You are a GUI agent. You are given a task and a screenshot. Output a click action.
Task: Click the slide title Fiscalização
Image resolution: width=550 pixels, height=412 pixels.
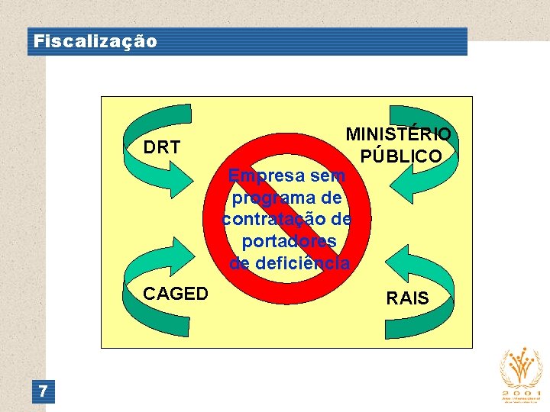[95, 41]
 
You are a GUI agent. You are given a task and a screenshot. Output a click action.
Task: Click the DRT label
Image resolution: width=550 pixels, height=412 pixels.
[161, 147]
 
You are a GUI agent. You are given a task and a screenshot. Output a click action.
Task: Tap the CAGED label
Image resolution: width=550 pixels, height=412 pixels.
[176, 294]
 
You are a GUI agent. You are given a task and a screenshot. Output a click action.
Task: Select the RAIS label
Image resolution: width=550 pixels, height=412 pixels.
[408, 298]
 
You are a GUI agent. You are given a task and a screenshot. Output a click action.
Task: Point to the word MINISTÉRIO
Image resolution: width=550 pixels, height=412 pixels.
[398, 134]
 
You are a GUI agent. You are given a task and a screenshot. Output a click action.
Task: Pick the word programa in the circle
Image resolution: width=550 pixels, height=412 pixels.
[265, 198]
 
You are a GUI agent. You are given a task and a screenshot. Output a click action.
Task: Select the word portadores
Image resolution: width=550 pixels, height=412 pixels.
[289, 242]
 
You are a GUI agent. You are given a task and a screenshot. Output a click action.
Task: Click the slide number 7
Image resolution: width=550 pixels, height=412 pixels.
[44, 392]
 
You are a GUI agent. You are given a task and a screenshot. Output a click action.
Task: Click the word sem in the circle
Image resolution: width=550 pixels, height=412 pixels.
[329, 176]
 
